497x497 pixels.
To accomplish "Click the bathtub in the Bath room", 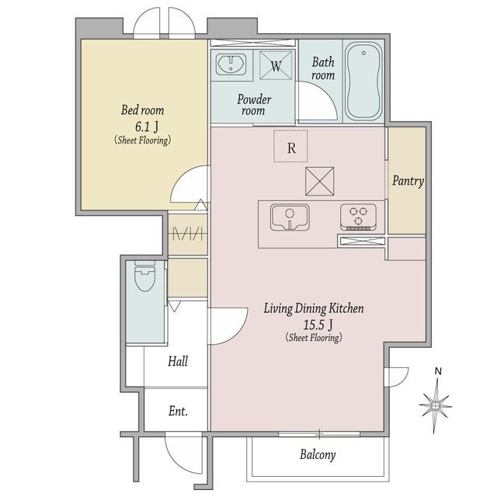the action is [363, 81].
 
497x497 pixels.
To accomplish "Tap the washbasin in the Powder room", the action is [231, 64].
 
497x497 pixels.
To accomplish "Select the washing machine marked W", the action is [276, 65].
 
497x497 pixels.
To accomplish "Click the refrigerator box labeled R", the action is [290, 146].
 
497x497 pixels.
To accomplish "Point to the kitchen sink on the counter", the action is [290, 217].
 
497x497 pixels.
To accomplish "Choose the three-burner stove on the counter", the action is [359, 217].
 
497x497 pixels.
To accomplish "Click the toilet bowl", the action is [144, 276].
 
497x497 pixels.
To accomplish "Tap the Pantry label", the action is [408, 181].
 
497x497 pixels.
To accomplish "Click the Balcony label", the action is [318, 455].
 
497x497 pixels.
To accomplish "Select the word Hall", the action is [178, 361].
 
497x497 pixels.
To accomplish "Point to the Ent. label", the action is [178, 411].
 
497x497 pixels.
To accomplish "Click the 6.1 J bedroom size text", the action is [147, 127].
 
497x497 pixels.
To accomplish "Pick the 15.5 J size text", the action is [318, 325].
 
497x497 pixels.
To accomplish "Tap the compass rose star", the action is [436, 405].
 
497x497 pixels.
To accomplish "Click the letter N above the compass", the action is [438, 371].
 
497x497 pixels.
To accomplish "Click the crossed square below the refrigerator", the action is [319, 181].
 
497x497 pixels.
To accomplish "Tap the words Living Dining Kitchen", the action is [314, 308].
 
